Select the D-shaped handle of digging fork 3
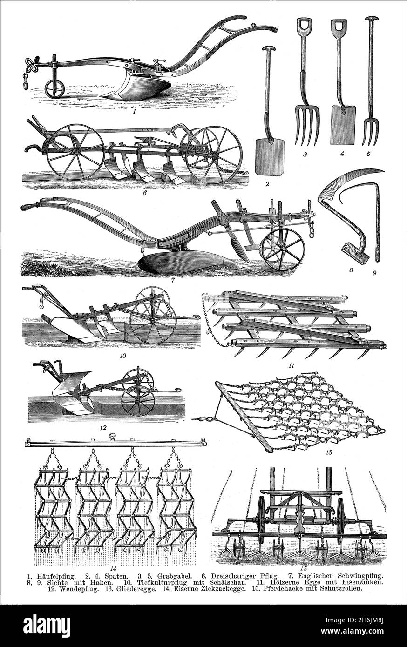304,25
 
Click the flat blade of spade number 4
343,119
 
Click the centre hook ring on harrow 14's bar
112,436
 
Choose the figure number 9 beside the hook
373,273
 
